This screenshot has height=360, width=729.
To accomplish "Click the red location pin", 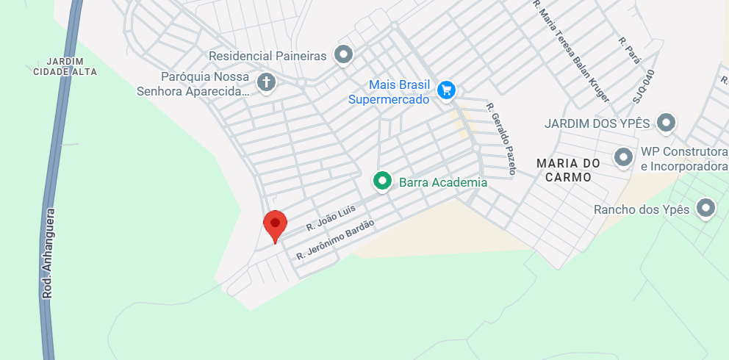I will (276, 224).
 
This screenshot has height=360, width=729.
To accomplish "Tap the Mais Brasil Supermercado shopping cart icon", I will (445, 90).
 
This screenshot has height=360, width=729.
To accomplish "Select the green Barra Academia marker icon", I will (381, 180).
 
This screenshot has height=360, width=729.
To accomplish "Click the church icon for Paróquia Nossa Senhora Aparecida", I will (266, 81).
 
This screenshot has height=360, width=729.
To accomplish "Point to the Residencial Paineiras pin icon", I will (343, 54).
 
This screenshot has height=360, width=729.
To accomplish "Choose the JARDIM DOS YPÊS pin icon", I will (666, 122).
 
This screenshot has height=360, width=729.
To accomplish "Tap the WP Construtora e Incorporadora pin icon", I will (624, 156).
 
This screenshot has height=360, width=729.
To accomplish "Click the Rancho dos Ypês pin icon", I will (706, 208).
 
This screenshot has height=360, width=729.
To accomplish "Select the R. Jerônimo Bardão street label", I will (335, 239).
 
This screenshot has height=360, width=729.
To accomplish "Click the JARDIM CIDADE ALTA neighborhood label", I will (65, 66).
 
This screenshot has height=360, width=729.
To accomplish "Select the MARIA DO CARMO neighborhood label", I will (569, 170).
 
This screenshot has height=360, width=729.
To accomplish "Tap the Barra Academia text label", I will (442, 182).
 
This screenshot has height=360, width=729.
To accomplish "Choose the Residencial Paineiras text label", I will (267, 56).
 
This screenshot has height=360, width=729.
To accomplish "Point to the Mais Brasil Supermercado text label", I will (389, 92).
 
